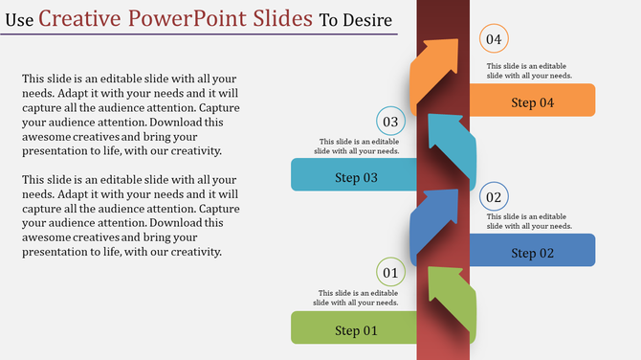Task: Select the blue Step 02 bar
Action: pyautogui.click(x=532, y=251)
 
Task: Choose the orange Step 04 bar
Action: pyautogui.click(x=532, y=101)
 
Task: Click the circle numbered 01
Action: pyautogui.click(x=390, y=274)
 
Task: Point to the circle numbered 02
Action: pyautogui.click(x=494, y=197)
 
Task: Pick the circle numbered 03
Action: pyautogui.click(x=390, y=122)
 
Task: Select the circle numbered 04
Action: pyautogui.click(x=494, y=39)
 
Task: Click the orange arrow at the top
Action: pyautogui.click(x=435, y=67)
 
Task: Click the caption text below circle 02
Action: pyautogui.click(x=529, y=221)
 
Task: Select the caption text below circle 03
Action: pyautogui.click(x=359, y=146)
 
